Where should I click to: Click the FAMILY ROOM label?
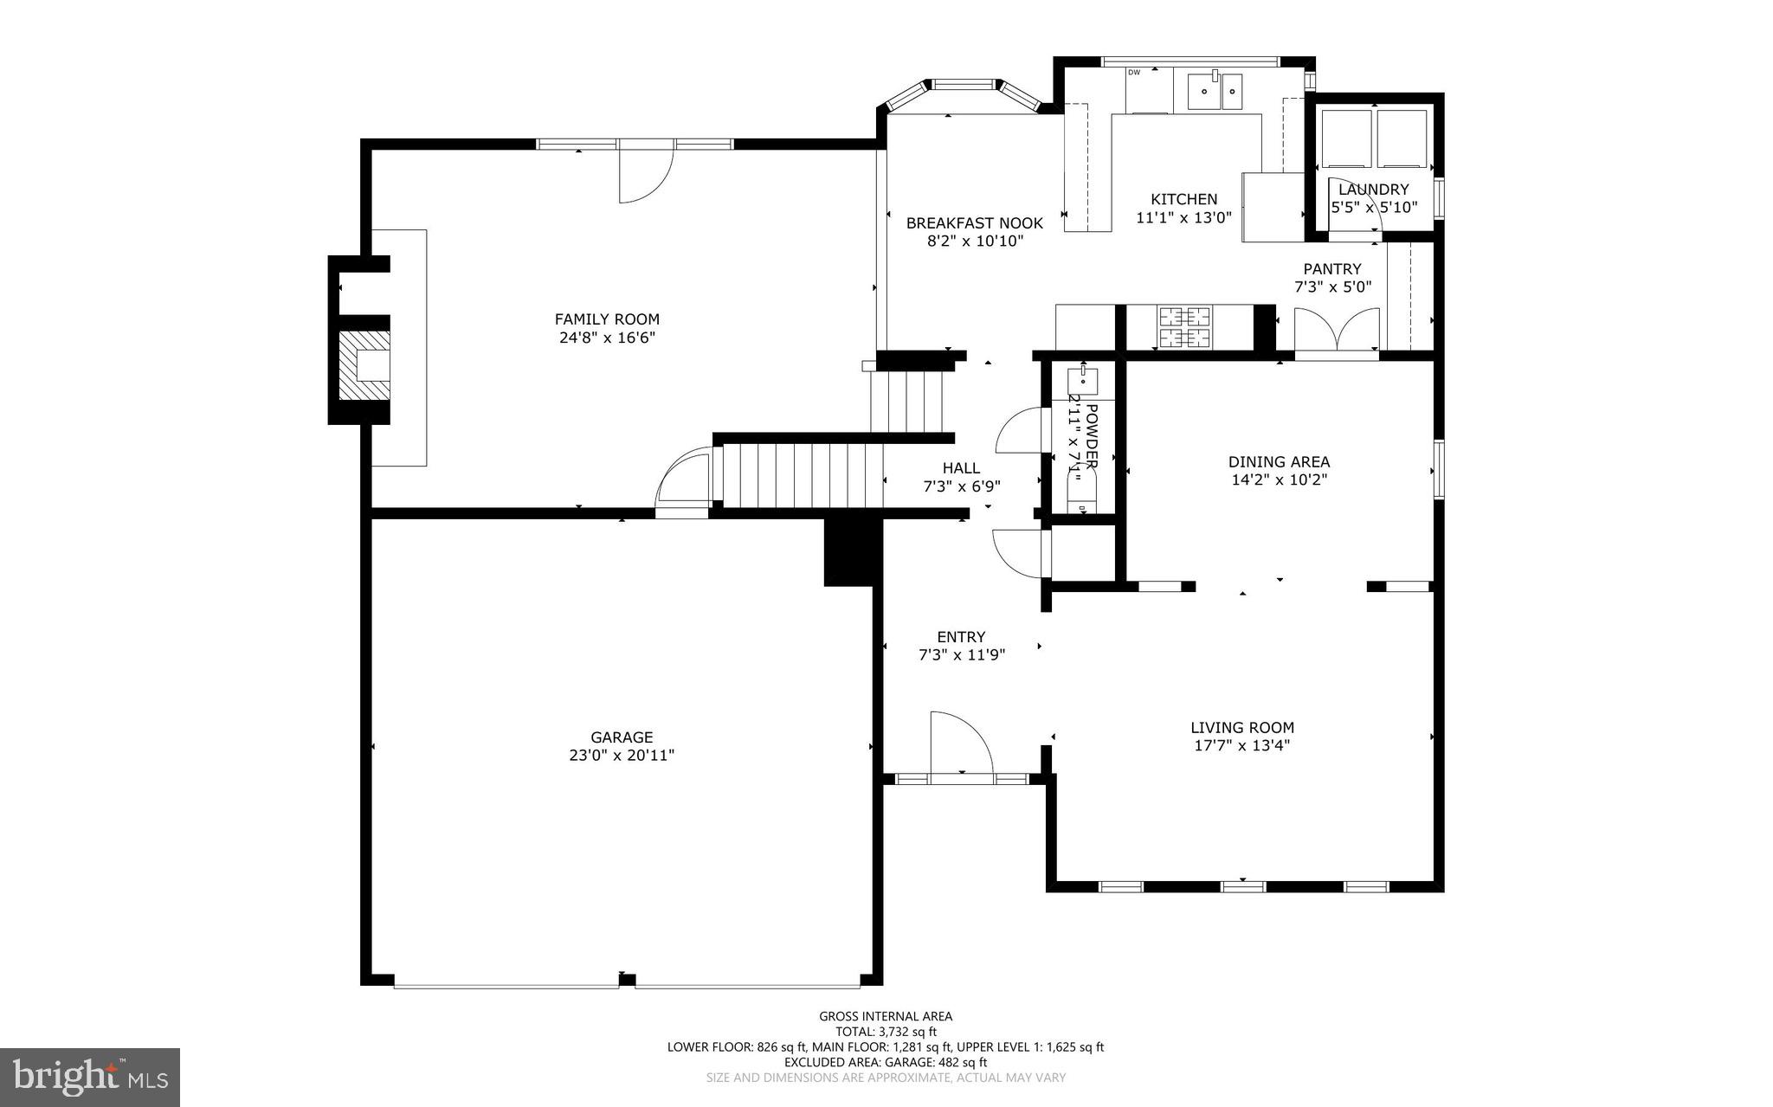[607, 319]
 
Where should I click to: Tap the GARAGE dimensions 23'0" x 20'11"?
[621, 756]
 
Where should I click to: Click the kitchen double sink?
[1215, 91]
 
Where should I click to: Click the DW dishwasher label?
[1134, 73]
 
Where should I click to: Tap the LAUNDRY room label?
[1373, 190]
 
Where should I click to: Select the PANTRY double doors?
[1337, 329]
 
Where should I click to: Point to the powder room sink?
[1082, 378]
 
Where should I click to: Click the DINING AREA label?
[1279, 462]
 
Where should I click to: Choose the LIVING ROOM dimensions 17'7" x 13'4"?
[1241, 746]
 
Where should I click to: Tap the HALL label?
[961, 468]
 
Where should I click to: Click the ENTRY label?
[961, 637]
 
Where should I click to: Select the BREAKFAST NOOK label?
[974, 223]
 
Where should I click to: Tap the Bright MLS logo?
[89, 1077]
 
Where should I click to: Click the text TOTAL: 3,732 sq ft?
[886, 1032]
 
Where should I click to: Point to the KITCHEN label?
[1183, 199]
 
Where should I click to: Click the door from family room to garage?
[684, 485]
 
